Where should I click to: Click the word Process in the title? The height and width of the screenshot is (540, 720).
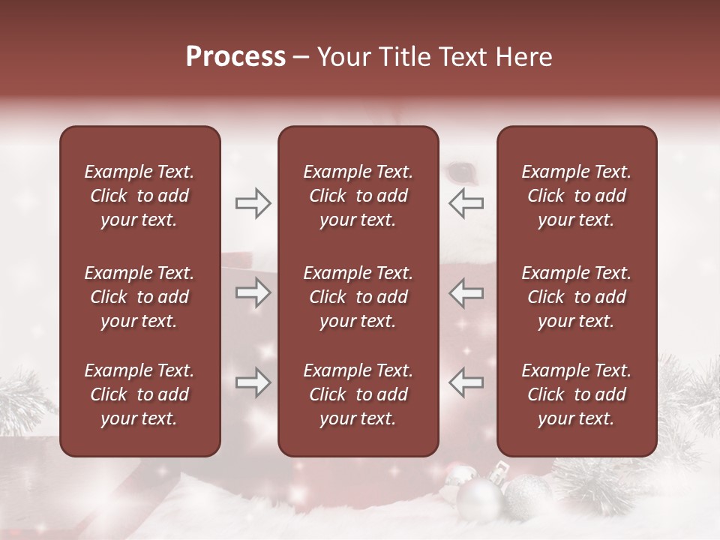(x=235, y=57)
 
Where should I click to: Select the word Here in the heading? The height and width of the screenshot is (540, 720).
(x=524, y=57)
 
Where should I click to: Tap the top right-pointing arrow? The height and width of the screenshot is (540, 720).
(x=253, y=203)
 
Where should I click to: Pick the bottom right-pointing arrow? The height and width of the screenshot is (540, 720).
(x=253, y=382)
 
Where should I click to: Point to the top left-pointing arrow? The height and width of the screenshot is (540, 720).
(x=466, y=203)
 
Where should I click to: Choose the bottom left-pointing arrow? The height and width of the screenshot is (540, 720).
(x=466, y=382)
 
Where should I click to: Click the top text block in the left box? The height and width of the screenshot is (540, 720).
(x=139, y=196)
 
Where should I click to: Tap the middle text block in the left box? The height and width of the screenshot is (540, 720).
(x=139, y=297)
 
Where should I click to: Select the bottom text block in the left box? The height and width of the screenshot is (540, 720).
(x=139, y=394)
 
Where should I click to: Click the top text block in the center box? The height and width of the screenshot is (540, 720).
(x=358, y=196)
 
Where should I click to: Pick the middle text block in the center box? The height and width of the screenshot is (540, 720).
(x=358, y=297)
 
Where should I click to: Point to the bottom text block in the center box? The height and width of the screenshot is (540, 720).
(x=358, y=394)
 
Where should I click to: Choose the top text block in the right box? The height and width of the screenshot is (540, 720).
(x=576, y=196)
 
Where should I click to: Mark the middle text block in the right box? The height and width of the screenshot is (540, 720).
(x=576, y=297)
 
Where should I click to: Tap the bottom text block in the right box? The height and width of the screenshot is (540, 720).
(x=576, y=394)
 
